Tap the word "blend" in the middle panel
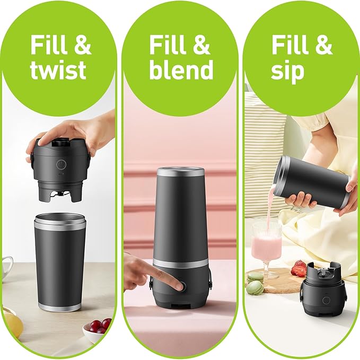[x=181, y=69]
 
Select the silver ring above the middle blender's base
[x=180, y=263]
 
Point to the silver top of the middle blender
[x=181, y=171]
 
